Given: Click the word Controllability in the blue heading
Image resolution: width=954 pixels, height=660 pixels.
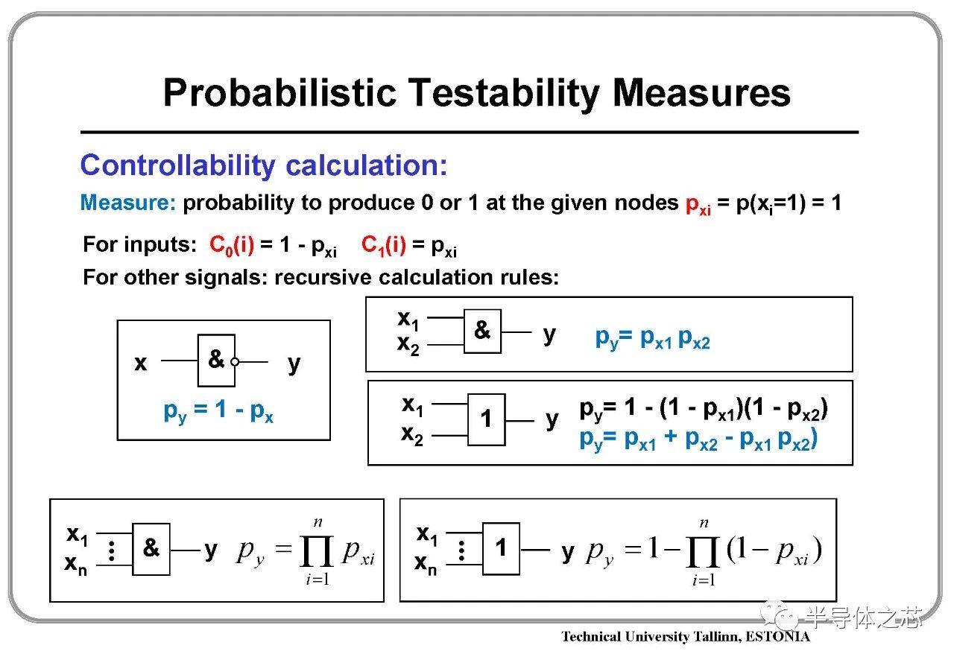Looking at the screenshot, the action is [178, 165].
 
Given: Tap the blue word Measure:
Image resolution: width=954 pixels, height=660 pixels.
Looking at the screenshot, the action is [128, 203].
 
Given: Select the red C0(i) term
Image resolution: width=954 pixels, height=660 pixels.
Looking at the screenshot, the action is [232, 246].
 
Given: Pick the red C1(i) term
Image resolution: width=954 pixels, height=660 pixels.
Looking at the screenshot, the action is [384, 246].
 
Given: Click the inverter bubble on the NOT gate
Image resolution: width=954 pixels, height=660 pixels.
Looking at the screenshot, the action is [235, 362].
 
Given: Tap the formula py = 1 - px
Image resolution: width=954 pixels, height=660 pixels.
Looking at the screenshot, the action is [218, 411].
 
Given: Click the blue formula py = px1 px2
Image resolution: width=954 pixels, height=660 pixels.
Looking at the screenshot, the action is [652, 338].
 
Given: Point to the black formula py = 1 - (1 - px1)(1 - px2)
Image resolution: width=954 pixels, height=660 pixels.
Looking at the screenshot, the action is [704, 409].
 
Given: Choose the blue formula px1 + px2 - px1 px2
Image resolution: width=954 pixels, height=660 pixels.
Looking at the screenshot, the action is [698, 440].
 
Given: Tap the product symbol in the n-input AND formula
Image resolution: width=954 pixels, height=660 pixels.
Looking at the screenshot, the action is [317, 551].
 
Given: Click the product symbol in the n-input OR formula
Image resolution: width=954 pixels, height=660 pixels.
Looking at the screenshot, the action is [703, 552].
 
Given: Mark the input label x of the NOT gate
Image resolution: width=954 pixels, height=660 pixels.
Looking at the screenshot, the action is [141, 364].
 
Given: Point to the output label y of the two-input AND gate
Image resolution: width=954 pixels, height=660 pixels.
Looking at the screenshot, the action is [550, 334].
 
